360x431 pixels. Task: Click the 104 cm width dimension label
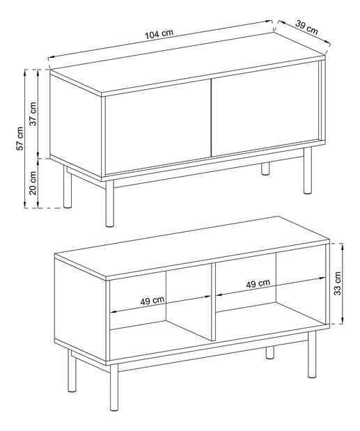coord(159,33)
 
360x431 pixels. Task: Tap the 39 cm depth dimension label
coord(306,27)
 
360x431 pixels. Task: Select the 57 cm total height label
coord(19,139)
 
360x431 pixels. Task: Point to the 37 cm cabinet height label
coord(33,113)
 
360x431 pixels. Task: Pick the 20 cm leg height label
coord(33,183)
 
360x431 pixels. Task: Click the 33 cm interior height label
coord(337,283)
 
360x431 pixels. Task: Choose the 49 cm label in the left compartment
coord(152,301)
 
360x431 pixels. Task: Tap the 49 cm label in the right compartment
coord(258,283)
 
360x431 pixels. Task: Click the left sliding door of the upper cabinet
coord(158,127)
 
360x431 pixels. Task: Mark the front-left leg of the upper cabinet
coord(109,203)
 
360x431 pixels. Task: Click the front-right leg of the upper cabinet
coord(308,171)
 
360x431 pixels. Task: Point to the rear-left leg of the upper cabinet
coord(68,187)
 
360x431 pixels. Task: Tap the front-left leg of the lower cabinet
coord(114,387)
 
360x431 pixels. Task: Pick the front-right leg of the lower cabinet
coord(312,354)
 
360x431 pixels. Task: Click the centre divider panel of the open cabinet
coord(214,301)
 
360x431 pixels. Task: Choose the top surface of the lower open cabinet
coord(191,247)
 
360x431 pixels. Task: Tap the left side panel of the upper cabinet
coord(76,125)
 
